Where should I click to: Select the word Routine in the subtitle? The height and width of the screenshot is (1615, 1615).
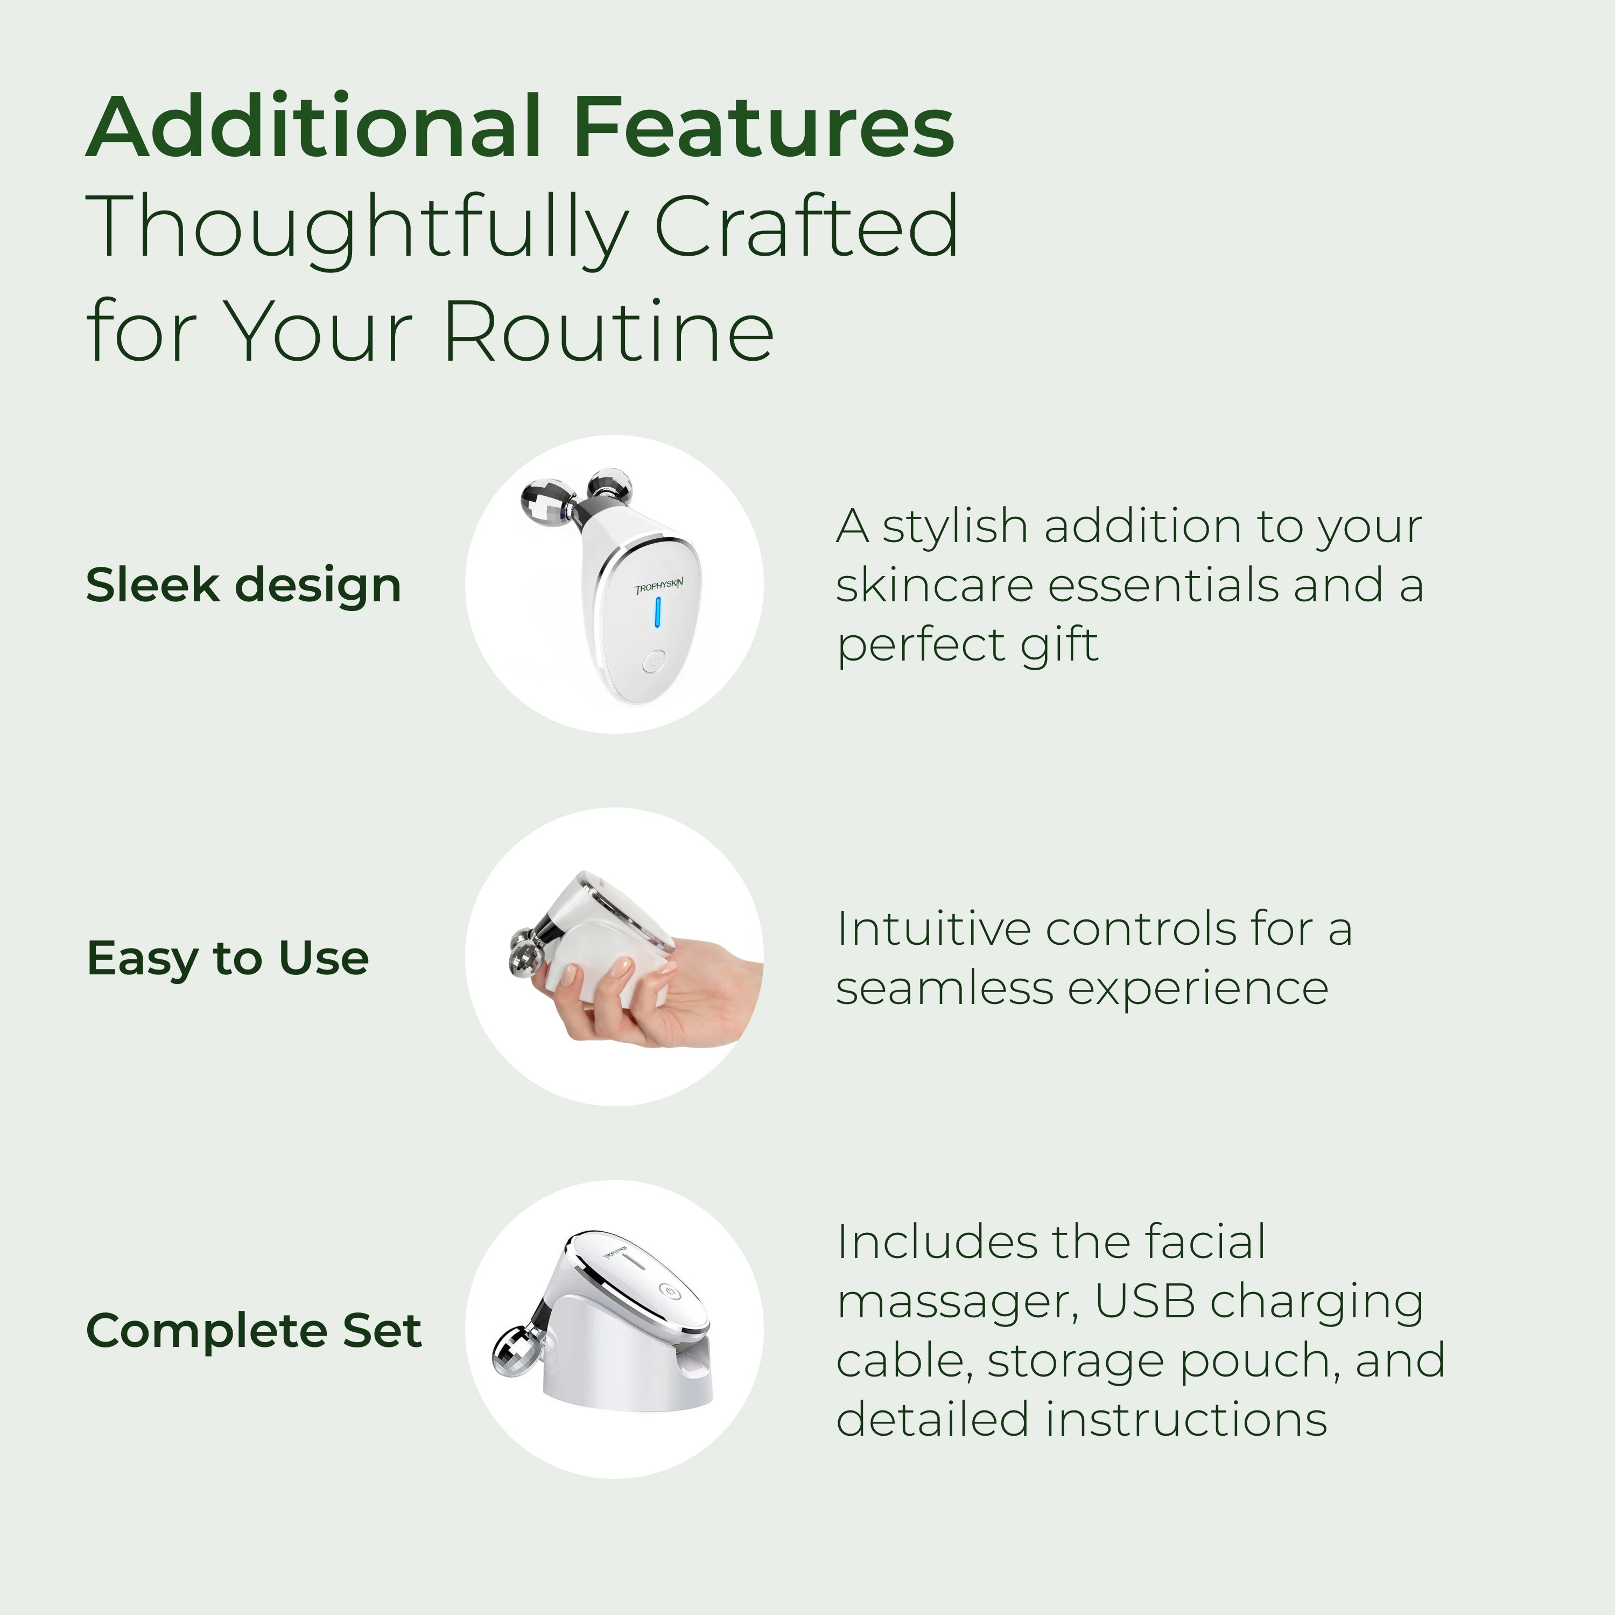point(608,331)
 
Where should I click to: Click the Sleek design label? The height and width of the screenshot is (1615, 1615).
point(243,585)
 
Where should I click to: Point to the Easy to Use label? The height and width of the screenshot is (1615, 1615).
point(227,958)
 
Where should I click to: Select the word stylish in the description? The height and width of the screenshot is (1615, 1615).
point(954,528)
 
